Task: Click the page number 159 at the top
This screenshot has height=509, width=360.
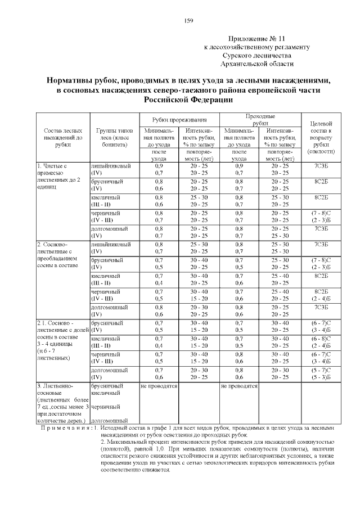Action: (189, 21)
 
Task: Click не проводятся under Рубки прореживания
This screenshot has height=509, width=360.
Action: (159, 386)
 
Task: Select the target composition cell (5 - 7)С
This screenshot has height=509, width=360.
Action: (321, 371)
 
